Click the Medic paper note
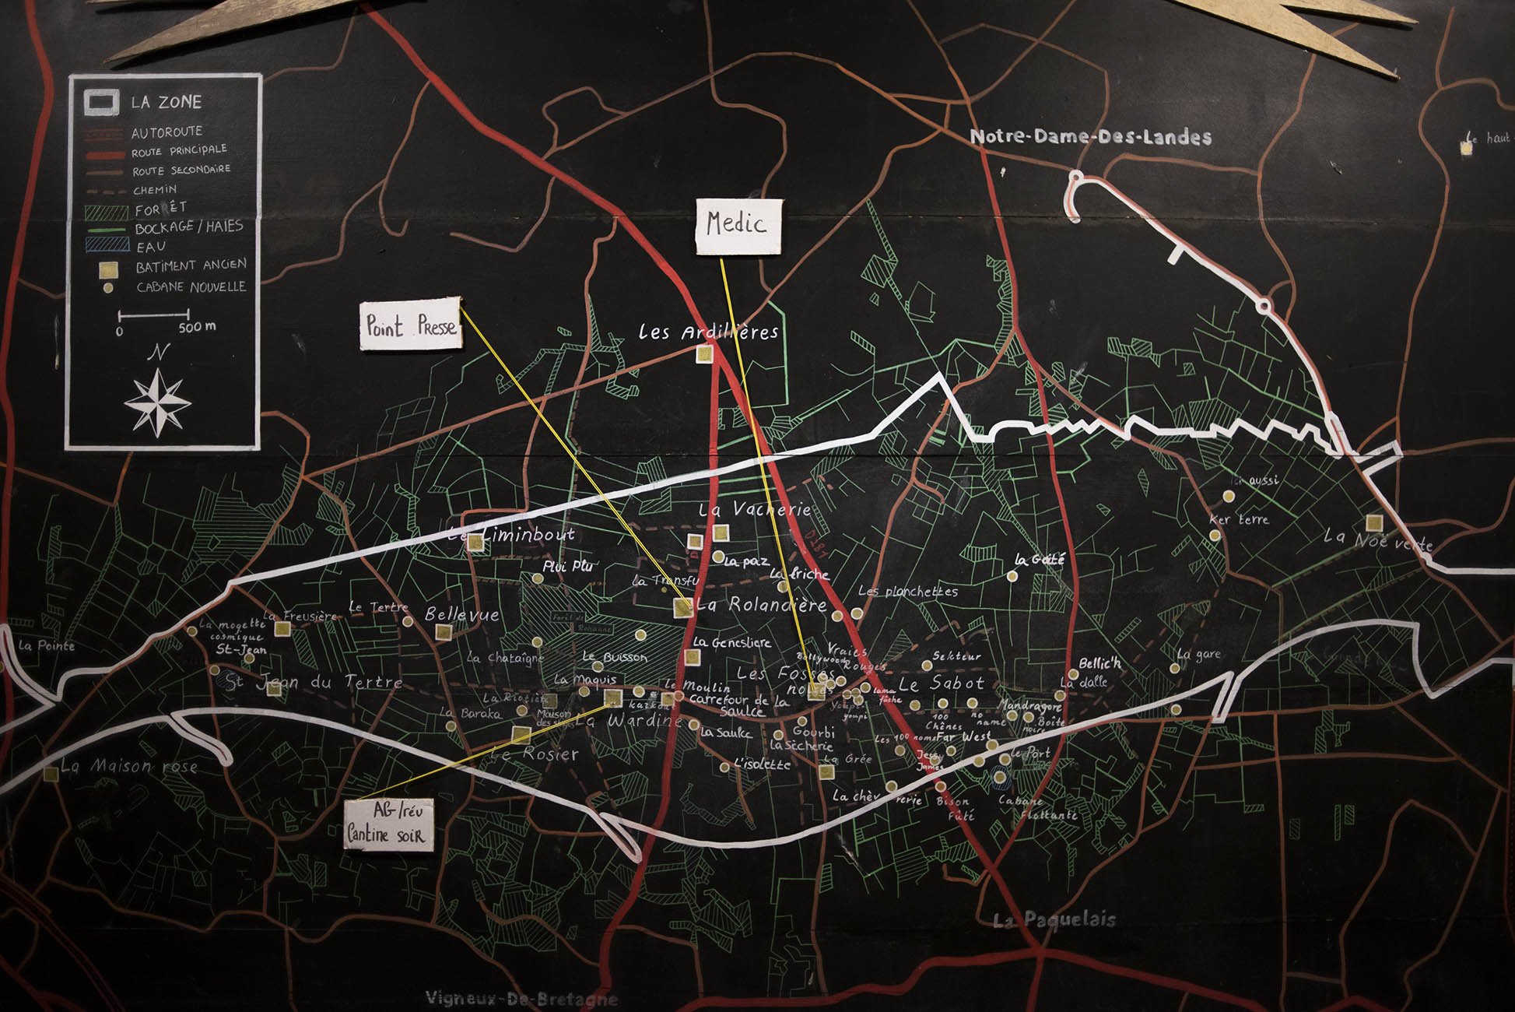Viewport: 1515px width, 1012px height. [x=738, y=226]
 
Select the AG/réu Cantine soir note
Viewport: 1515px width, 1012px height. [x=388, y=823]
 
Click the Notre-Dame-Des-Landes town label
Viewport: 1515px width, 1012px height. [x=1090, y=137]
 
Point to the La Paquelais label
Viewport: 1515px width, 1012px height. [x=1055, y=920]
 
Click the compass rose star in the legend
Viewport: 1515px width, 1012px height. [x=158, y=402]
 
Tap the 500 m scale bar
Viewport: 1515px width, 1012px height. [x=154, y=316]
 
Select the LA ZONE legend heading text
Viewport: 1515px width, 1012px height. [x=166, y=102]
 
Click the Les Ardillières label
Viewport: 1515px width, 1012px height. [x=708, y=332]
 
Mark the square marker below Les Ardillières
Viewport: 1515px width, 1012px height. [x=704, y=354]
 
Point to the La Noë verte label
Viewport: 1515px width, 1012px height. [x=1378, y=539]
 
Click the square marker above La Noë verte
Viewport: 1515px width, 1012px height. [x=1374, y=522]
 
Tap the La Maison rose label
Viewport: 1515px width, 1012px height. [x=129, y=767]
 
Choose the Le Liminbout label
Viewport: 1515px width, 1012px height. [x=511, y=535]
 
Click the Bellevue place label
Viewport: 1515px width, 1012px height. [x=461, y=614]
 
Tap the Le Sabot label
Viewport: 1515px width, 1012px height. [x=942, y=684]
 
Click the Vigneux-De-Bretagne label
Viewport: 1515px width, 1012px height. [x=521, y=999]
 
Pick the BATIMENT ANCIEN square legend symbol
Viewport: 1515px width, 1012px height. [x=108, y=269]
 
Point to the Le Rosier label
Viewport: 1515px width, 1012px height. [x=535, y=754]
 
